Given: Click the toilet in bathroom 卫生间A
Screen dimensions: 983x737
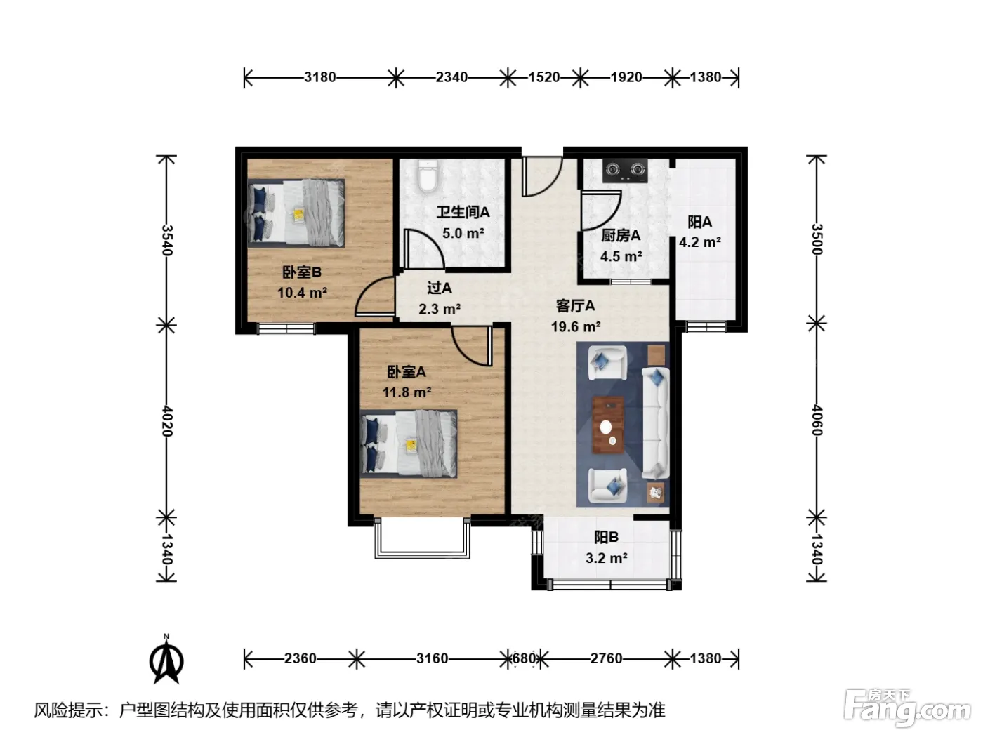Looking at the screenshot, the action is [x=427, y=176].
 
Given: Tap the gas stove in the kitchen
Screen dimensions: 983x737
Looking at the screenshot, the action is [x=625, y=171].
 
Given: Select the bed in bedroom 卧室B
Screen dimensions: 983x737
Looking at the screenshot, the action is [x=296, y=213].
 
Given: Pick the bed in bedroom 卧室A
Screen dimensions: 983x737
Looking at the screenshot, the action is [x=409, y=444].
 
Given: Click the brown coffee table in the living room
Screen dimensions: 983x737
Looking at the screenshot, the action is [x=608, y=425].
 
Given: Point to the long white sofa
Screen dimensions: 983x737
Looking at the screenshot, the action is [x=656, y=423].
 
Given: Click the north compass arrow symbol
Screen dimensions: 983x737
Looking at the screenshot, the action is [x=166, y=661].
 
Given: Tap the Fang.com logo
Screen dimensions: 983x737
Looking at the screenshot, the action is [x=907, y=708].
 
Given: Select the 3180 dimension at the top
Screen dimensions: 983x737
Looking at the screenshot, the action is [x=319, y=77].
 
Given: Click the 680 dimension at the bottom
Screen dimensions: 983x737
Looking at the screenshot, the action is [x=524, y=658].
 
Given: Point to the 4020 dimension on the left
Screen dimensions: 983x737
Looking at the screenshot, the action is [x=166, y=421].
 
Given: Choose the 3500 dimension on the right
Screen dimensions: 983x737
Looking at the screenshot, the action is [x=817, y=239].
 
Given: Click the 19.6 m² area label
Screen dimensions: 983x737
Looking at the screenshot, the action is [x=576, y=326].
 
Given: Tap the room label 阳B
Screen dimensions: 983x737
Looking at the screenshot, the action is [x=606, y=537].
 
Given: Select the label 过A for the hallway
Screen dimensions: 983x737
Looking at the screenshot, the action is [x=440, y=288].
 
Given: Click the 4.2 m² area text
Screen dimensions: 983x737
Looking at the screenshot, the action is [x=699, y=242].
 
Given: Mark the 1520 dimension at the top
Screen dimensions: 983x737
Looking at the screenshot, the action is [x=543, y=77].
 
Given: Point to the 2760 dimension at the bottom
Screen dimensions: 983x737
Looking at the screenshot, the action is [x=606, y=658].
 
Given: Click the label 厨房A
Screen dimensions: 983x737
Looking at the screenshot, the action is [x=620, y=235].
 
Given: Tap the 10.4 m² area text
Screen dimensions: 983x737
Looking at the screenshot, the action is [x=302, y=293].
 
